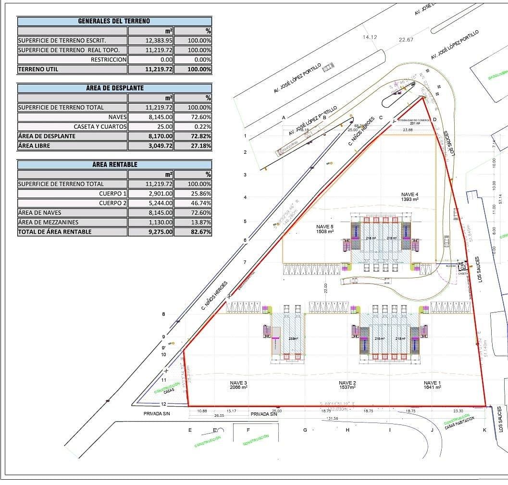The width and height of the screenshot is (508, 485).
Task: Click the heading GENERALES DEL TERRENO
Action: click(x=114, y=21)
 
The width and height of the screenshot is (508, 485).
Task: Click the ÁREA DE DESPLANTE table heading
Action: click(x=114, y=88)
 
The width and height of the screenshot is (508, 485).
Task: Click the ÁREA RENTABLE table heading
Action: click(x=114, y=164)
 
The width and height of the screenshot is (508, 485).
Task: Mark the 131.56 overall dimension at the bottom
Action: click(x=332, y=419)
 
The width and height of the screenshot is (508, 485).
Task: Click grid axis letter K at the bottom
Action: click(x=484, y=430)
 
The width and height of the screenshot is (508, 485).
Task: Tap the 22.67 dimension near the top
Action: click(x=406, y=40)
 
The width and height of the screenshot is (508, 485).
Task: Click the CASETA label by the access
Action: click(x=463, y=273)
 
